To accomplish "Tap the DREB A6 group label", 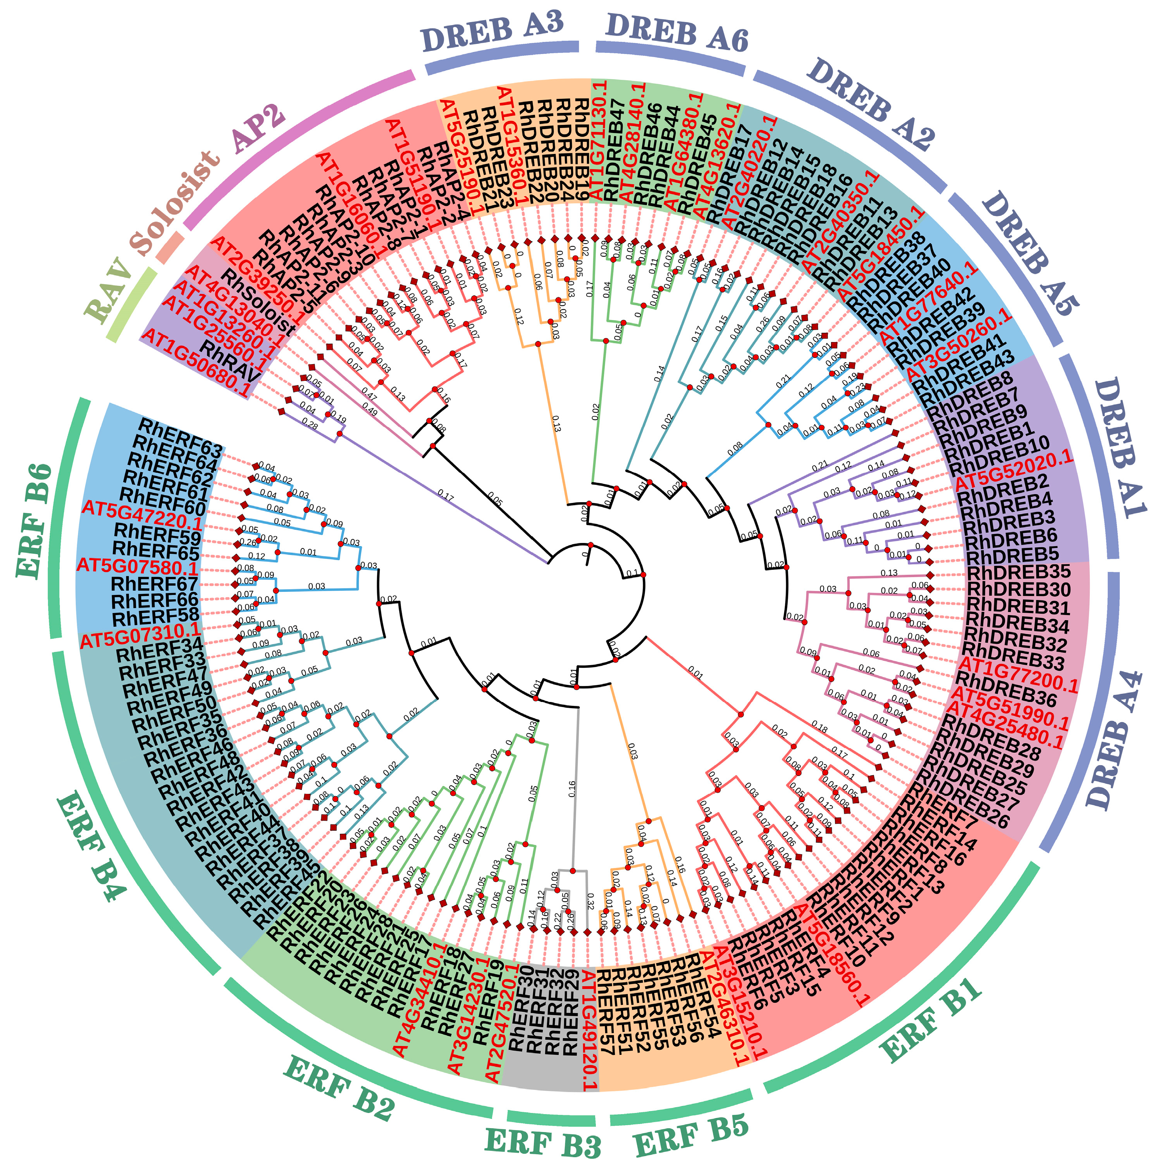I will (677, 31).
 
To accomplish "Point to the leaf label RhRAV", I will (230, 359).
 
